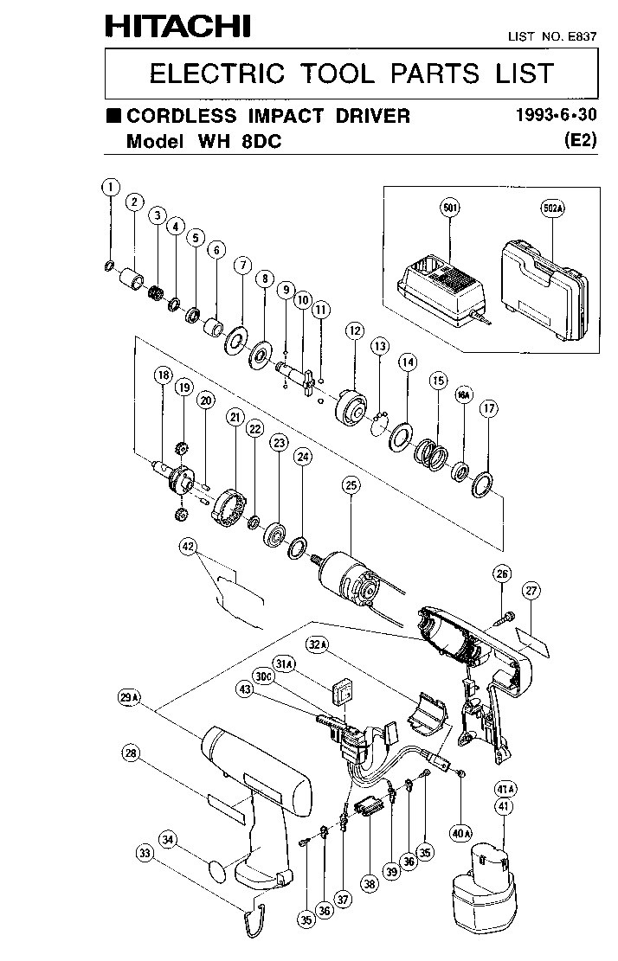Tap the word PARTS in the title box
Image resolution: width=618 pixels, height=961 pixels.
435,74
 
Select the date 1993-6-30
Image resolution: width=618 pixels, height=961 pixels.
556,115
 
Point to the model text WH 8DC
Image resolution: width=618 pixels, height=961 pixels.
240,142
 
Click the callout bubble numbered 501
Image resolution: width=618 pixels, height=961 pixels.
451,208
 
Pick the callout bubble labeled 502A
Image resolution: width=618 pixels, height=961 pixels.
552,208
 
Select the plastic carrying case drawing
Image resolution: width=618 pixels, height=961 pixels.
544,289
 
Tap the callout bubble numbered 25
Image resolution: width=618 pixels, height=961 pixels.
351,485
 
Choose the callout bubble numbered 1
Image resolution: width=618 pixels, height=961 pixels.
111,187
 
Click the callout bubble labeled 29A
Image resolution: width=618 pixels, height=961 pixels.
129,697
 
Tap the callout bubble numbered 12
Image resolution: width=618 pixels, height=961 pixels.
354,331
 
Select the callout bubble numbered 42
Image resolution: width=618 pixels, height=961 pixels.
188,547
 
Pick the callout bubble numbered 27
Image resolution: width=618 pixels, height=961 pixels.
531,591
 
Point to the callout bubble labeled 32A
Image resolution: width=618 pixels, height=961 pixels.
318,644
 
